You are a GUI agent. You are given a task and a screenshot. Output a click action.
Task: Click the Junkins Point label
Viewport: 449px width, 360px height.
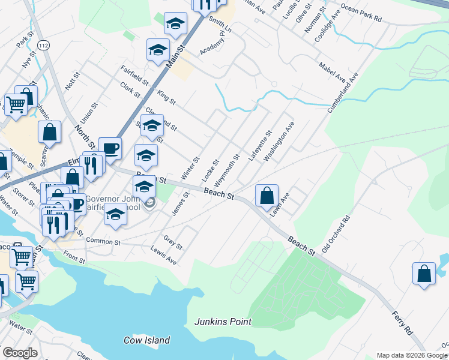coord(223,322)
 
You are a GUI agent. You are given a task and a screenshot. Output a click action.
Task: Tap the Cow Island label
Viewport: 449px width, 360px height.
coord(147,340)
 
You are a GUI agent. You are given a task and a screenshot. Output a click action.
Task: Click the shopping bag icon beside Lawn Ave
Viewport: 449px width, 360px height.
coord(267,196)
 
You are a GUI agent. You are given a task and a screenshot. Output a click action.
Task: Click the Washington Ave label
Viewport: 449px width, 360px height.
coord(279,141)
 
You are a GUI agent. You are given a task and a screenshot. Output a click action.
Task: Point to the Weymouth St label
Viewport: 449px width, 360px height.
coord(227,169)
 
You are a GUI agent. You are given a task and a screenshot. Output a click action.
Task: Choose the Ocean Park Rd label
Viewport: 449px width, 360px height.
coord(361,14)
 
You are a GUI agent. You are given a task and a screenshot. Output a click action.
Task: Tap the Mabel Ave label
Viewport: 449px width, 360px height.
coord(332,72)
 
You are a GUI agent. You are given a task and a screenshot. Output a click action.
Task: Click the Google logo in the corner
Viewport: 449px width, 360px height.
coord(20,352)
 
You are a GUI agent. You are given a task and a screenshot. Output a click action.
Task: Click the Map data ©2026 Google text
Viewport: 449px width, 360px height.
coord(412,355)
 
